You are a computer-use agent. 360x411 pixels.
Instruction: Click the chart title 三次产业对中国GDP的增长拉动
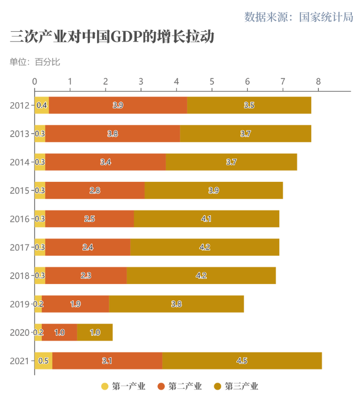112,38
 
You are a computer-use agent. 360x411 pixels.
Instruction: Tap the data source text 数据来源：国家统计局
299,17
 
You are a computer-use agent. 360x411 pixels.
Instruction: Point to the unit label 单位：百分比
35,62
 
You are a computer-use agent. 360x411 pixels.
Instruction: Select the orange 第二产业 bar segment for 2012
118,105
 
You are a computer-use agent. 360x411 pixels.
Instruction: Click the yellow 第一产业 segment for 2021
43,361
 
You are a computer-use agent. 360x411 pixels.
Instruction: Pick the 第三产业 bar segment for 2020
95,332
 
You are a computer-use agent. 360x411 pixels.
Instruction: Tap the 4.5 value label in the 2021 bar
242,361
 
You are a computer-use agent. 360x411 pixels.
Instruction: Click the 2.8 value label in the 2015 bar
95,190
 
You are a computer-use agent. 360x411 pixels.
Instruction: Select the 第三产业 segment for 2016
206,219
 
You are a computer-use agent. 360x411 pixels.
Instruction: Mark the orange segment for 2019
75,304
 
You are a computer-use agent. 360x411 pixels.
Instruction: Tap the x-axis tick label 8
318,81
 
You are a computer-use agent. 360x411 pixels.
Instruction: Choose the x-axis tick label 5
212,81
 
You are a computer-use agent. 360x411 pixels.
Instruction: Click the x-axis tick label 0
34,81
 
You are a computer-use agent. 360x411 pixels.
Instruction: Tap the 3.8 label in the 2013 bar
113,134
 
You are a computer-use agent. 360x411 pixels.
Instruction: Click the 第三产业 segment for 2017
205,247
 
